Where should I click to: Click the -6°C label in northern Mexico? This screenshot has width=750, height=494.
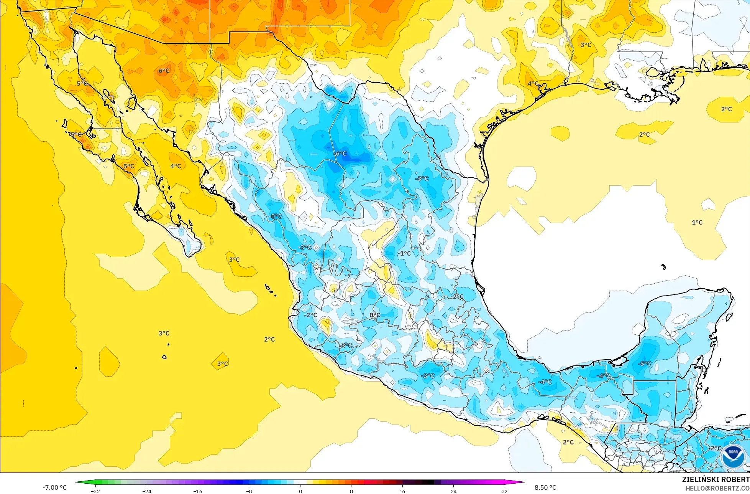click(x=340, y=154)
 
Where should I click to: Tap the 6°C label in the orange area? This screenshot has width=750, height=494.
click(x=164, y=71)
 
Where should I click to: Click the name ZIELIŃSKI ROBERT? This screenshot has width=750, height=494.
click(x=716, y=479)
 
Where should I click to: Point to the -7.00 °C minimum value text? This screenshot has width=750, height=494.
click(x=54, y=487)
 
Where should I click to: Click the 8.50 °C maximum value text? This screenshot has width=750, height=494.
click(x=545, y=487)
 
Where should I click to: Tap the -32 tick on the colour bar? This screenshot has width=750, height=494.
click(x=95, y=491)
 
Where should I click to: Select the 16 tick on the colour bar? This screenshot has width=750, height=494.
click(x=402, y=491)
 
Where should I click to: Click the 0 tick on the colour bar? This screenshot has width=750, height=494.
click(x=300, y=491)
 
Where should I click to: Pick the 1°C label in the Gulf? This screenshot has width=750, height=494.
click(x=697, y=222)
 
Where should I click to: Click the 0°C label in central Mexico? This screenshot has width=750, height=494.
click(x=375, y=315)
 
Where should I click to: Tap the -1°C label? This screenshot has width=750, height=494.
click(x=404, y=253)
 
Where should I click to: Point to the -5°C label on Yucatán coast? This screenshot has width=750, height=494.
click(x=644, y=363)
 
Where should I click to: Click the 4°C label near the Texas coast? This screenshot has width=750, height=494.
click(x=533, y=83)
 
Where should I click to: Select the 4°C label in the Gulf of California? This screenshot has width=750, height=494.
click(x=176, y=166)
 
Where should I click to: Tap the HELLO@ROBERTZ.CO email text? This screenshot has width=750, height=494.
click(x=717, y=488)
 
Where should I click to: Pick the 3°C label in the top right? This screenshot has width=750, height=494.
click(x=586, y=45)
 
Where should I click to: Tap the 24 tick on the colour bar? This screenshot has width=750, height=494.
click(x=453, y=491)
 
